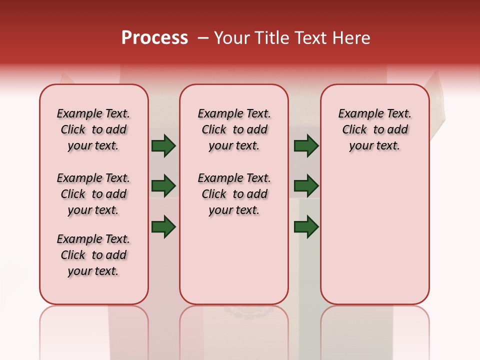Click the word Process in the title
tap(154, 38)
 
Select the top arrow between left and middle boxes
tap(163, 146)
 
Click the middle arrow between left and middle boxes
tap(163, 185)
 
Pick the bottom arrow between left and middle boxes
tap(163, 227)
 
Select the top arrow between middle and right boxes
tap(306, 146)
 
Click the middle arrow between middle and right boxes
tap(306, 185)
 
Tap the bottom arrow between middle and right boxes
tap(306, 227)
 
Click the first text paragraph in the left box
tap(93, 129)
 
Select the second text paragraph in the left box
tap(93, 194)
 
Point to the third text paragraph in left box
tap(93, 255)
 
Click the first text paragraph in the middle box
tap(234, 129)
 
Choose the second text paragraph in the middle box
tap(234, 194)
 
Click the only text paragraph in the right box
tap(375, 129)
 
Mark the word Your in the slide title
tap(231, 38)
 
